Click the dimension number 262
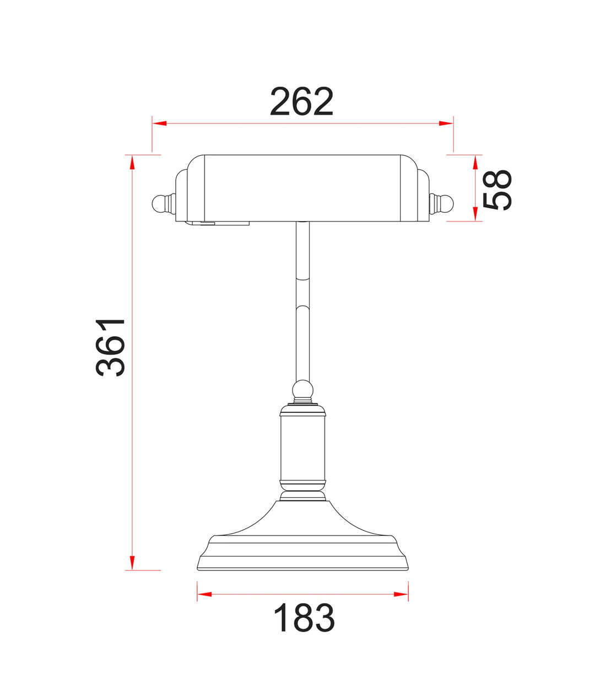(301, 101)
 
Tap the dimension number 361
(110, 347)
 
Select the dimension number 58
(496, 190)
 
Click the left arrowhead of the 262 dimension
(159, 123)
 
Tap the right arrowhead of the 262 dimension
(446, 123)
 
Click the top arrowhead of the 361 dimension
(132, 162)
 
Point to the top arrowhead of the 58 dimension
(475, 162)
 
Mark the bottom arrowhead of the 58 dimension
(475, 214)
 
